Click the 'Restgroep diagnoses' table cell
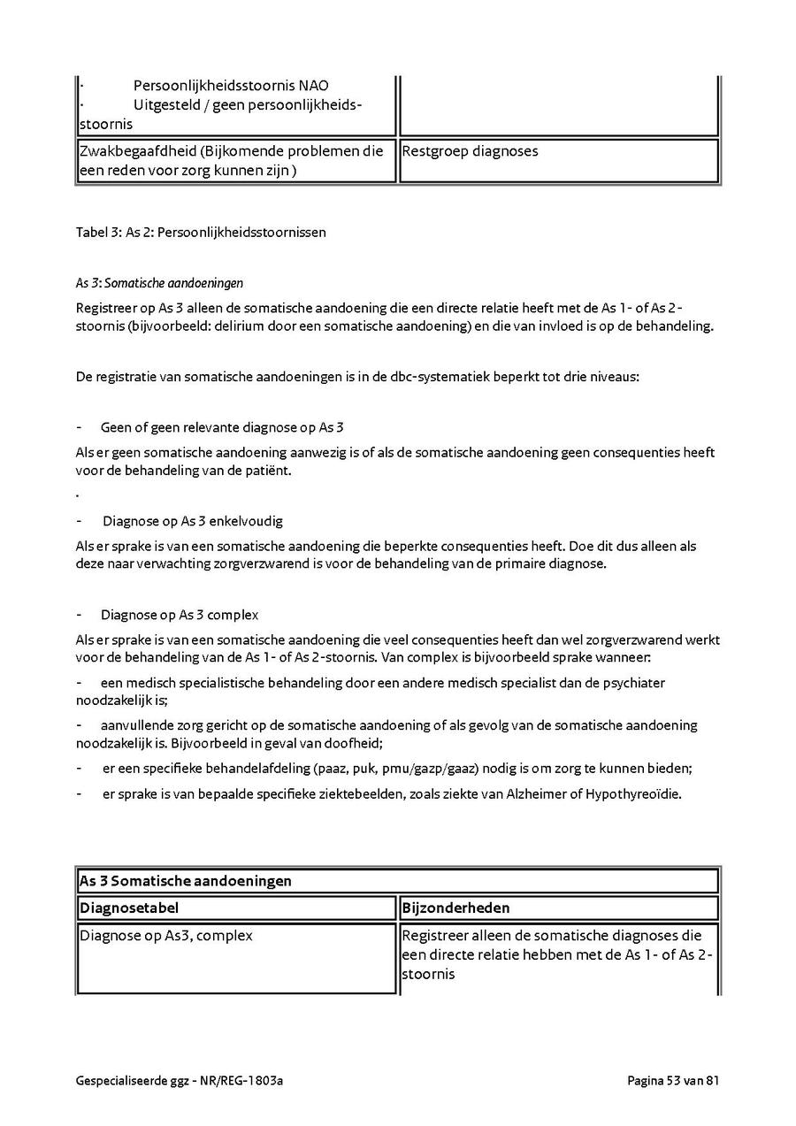[x=470, y=151]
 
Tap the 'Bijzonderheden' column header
[x=455, y=908]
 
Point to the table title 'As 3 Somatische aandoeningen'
[x=186, y=882]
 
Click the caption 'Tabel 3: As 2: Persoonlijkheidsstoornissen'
[x=201, y=233]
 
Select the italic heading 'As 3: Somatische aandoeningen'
[x=159, y=283]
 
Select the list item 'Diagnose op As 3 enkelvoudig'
[x=192, y=521]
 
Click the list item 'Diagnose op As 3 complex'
[x=180, y=615]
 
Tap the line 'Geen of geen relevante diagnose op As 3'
[x=222, y=427]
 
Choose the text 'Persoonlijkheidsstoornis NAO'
[x=231, y=86]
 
